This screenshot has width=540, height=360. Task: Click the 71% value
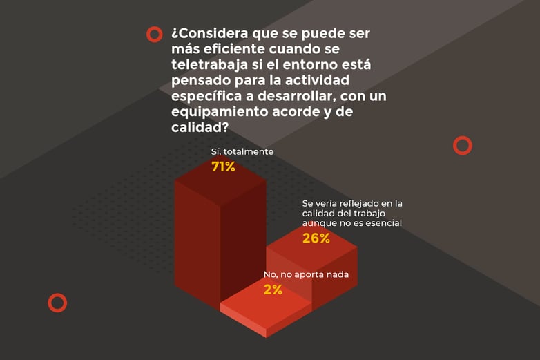pyautogui.click(x=223, y=167)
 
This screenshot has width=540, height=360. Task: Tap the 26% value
pyautogui.click(x=316, y=238)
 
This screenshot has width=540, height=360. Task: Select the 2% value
pyautogui.click(x=273, y=290)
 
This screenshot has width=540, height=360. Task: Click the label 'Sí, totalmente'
pyautogui.click(x=242, y=151)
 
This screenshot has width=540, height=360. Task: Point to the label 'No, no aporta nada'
pyautogui.click(x=306, y=274)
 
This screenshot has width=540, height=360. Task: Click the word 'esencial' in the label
pyautogui.click(x=384, y=223)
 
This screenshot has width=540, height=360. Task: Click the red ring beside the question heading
pyautogui.click(x=154, y=34)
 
